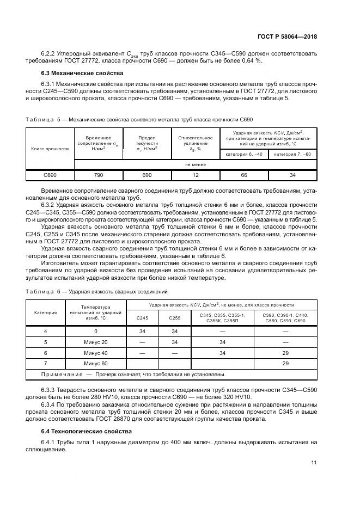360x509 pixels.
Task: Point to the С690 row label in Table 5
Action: (50, 175)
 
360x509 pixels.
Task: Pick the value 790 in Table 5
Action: (99, 175)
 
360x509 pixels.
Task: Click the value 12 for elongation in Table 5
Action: (195, 175)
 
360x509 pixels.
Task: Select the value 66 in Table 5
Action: (243, 175)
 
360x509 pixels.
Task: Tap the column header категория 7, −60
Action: (292, 154)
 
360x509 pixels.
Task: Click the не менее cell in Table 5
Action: (195, 164)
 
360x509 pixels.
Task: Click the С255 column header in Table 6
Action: (174, 318)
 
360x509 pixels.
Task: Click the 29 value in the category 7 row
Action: (285, 363)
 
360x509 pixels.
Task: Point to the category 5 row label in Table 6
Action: (45, 341)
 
